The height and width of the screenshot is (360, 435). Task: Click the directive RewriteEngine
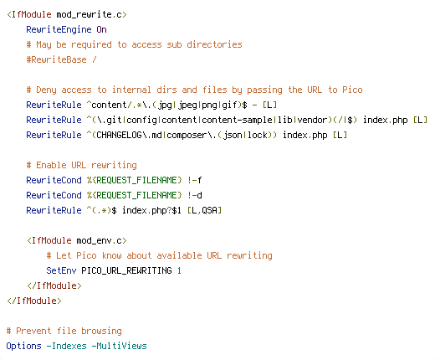59,29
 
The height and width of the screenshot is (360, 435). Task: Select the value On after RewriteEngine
101,29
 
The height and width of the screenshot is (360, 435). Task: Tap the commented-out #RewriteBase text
56,59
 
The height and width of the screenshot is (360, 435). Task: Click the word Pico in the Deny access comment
352,90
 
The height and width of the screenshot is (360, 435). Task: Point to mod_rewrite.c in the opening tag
89,14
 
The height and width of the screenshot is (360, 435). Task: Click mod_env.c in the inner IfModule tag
99,240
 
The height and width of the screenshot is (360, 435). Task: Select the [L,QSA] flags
204,210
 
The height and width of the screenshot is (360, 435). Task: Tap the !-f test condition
195,180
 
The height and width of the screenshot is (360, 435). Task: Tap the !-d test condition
195,195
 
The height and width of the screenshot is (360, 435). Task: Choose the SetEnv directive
61,270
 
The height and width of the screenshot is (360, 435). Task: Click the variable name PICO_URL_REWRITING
126,270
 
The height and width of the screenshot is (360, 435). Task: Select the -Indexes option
66,346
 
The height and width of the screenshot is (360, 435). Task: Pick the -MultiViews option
119,346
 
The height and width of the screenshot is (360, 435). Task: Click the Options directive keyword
23,346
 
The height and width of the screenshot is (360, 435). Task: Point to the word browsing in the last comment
101,331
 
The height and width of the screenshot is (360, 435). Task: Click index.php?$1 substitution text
151,210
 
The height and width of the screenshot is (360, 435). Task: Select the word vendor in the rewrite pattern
312,120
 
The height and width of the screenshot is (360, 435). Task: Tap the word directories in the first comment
214,44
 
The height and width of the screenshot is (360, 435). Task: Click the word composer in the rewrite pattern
187,136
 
